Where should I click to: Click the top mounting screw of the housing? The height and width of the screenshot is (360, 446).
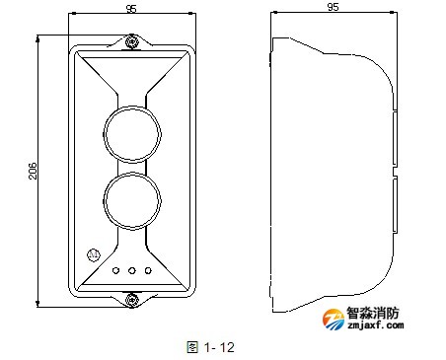click(x=132, y=41)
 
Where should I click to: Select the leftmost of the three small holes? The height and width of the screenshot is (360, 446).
click(x=116, y=269)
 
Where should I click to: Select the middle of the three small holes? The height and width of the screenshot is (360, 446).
click(x=132, y=269)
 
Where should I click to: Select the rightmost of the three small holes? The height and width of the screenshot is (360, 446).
click(x=148, y=269)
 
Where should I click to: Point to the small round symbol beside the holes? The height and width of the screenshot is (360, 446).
click(x=94, y=253)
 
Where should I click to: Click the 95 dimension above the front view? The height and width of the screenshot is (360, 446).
click(x=131, y=10)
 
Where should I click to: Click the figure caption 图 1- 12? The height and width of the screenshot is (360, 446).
click(x=209, y=346)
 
